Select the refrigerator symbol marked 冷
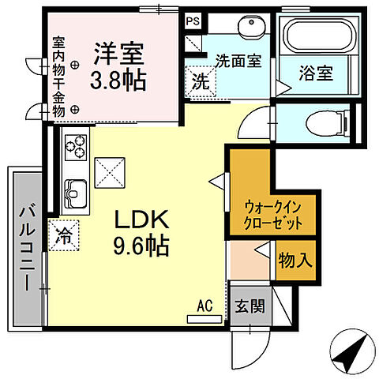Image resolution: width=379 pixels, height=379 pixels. pyautogui.click(x=63, y=234)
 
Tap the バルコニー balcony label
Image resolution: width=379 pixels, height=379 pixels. pyautogui.click(x=26, y=245)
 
